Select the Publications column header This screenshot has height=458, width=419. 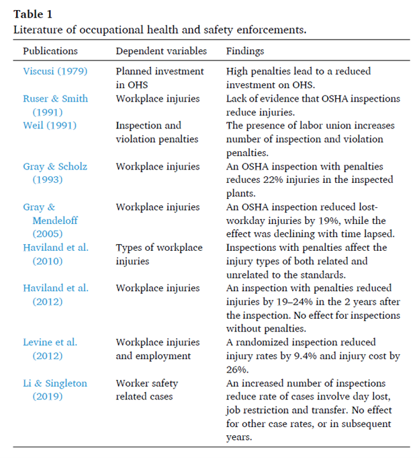(x=50, y=51)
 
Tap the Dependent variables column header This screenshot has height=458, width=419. (x=161, y=51)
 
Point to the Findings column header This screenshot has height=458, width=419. (x=245, y=51)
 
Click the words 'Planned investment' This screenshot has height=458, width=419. (x=159, y=71)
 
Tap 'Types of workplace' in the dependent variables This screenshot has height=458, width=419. (x=159, y=247)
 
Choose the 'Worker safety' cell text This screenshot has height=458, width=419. (x=147, y=383)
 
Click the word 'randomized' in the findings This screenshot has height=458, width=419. (x=265, y=342)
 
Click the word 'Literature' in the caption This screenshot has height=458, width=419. (x=36, y=30)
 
